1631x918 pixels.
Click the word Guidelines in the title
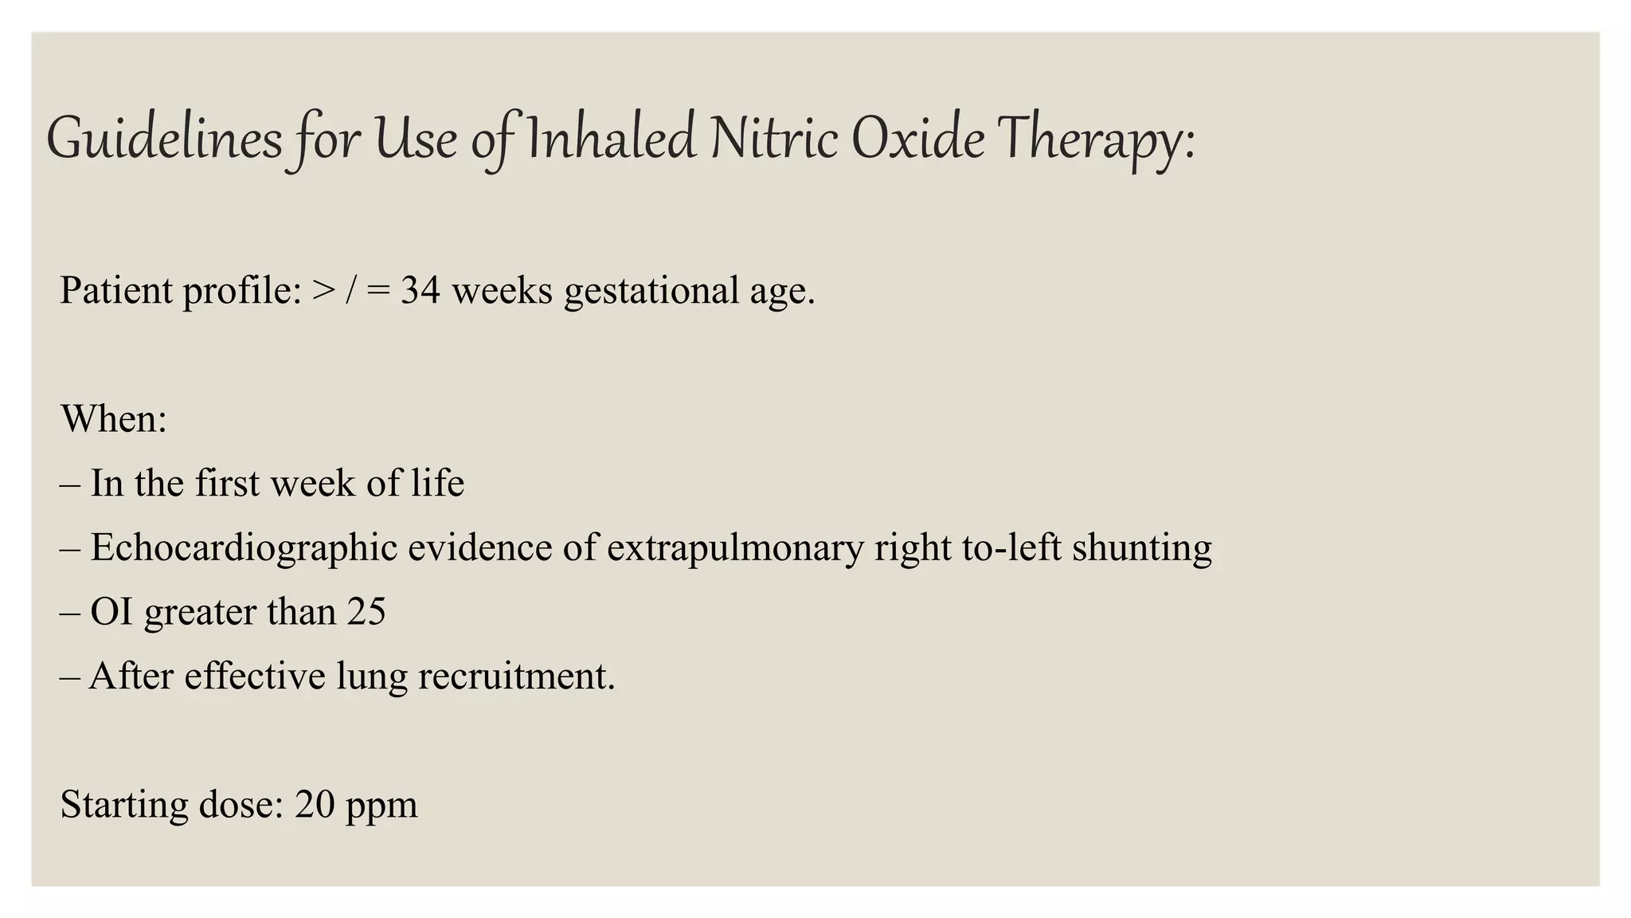[164, 139]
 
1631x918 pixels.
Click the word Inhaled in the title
[611, 139]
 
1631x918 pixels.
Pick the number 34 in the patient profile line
[420, 290]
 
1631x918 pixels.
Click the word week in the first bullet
[311, 484]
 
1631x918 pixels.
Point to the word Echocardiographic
[244, 548]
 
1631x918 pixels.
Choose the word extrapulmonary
[734, 548]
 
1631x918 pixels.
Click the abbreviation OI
[111, 612]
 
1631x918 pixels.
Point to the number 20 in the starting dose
[315, 805]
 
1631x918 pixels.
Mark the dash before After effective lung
[69, 677]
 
